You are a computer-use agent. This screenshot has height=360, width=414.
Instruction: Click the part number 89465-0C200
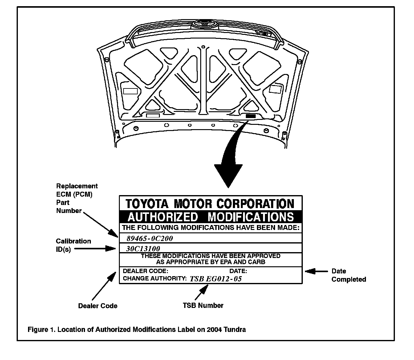(x=150, y=238)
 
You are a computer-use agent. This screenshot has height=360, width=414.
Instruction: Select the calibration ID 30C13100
(x=143, y=248)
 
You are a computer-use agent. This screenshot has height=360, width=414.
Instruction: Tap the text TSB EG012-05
(x=216, y=279)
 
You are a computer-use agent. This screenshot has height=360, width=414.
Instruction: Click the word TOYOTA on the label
(x=147, y=203)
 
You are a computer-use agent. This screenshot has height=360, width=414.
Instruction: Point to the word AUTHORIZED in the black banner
(x=163, y=217)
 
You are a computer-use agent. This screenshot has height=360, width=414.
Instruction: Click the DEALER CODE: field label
(x=145, y=271)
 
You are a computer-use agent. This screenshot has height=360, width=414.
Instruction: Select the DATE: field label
(x=238, y=271)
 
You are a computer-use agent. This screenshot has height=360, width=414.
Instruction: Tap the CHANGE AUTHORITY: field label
(x=155, y=278)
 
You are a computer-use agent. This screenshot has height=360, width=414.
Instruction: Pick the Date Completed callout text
(x=349, y=275)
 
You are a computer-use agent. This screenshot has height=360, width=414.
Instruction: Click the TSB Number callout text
(x=203, y=305)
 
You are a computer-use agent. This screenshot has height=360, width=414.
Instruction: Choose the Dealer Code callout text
(x=98, y=306)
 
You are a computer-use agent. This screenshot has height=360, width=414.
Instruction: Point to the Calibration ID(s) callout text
(x=73, y=245)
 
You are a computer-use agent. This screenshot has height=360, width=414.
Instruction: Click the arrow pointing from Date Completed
(x=316, y=271)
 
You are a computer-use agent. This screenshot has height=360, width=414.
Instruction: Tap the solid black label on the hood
(x=250, y=116)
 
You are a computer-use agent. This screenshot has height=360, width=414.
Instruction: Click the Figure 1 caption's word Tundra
(x=235, y=329)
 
